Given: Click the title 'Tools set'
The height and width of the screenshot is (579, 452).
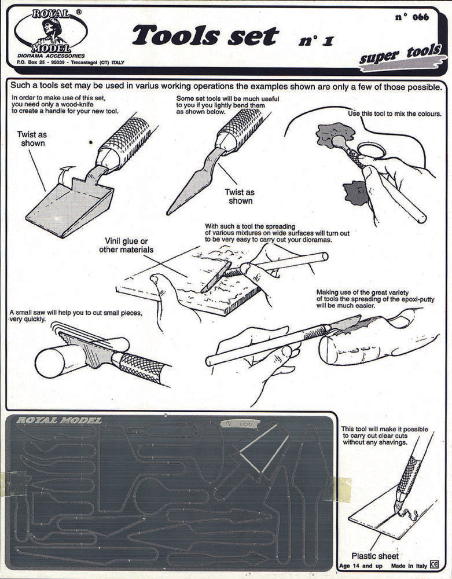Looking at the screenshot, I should (205, 36).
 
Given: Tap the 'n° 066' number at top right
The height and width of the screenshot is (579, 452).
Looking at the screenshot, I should (412, 17).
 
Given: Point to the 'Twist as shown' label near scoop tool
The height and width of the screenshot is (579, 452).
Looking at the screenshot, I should (32, 138).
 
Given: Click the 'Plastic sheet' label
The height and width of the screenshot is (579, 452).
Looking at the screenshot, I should (374, 556).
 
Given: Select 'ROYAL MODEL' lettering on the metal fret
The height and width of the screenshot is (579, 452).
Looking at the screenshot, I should (59, 420).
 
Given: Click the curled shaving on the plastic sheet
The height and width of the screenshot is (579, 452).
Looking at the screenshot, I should (409, 514).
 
